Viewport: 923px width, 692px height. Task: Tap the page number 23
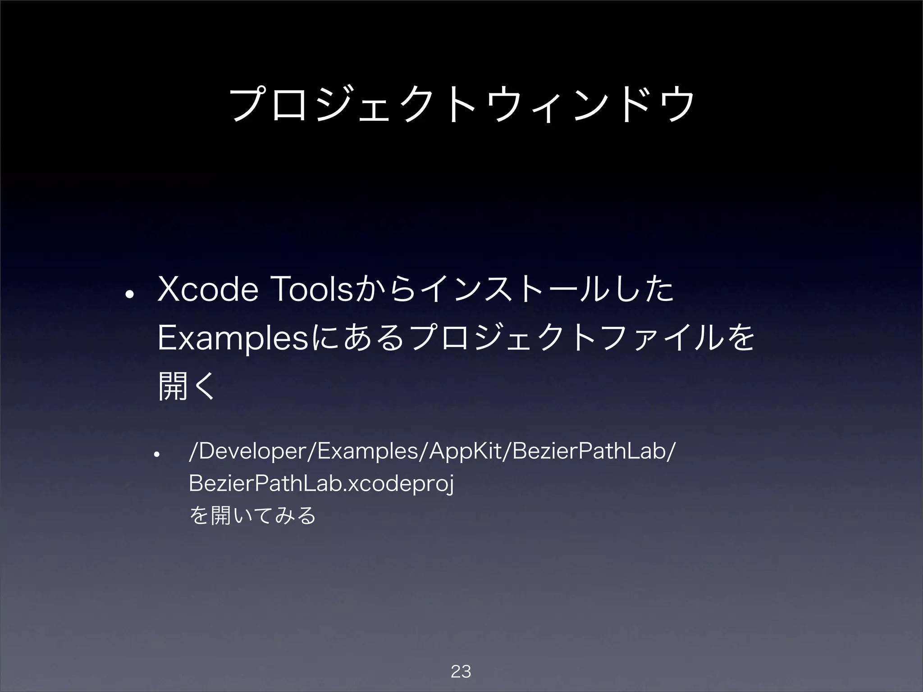pyautogui.click(x=461, y=672)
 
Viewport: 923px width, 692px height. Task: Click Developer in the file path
pyautogui.click(x=253, y=452)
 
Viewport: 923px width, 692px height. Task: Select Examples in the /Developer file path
pyautogui.click(x=368, y=452)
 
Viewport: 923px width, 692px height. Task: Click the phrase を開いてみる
pyautogui.click(x=252, y=515)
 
